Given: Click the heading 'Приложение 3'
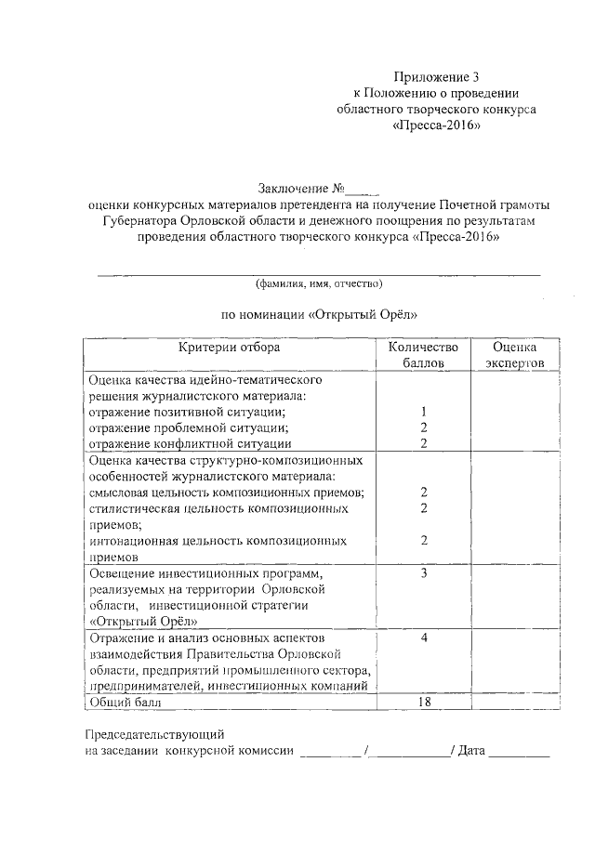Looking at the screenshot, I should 436,77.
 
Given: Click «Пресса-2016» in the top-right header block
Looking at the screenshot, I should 436,125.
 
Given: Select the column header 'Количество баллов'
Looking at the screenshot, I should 423,355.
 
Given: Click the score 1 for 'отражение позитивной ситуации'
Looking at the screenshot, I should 423,412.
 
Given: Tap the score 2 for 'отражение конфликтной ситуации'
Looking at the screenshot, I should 423,443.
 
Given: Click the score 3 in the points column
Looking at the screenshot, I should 423,573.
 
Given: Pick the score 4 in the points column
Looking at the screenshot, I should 423,638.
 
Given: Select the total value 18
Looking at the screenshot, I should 423,702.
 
